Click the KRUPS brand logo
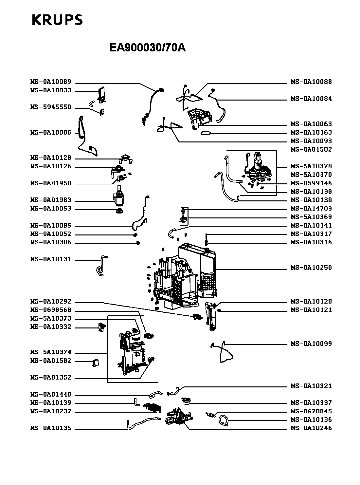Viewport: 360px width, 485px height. click(x=57, y=20)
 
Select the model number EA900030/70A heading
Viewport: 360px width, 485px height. click(x=147, y=48)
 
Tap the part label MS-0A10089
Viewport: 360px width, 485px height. click(x=51, y=82)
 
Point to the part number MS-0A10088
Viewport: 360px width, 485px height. click(x=311, y=82)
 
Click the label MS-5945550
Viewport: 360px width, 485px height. click(x=51, y=107)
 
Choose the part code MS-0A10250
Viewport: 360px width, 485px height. click(x=311, y=268)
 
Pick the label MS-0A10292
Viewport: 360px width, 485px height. click(x=51, y=302)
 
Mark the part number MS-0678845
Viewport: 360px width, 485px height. click(x=311, y=411)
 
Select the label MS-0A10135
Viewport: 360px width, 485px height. click(x=51, y=428)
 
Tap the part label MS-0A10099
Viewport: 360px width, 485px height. click(x=311, y=344)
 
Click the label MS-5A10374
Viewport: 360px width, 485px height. click(x=51, y=352)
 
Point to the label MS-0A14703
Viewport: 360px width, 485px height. click(x=311, y=209)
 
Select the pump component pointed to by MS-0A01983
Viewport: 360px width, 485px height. click(x=118, y=196)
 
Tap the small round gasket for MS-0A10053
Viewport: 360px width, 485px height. click(x=119, y=211)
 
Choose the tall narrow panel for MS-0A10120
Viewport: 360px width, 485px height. click(x=211, y=316)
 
